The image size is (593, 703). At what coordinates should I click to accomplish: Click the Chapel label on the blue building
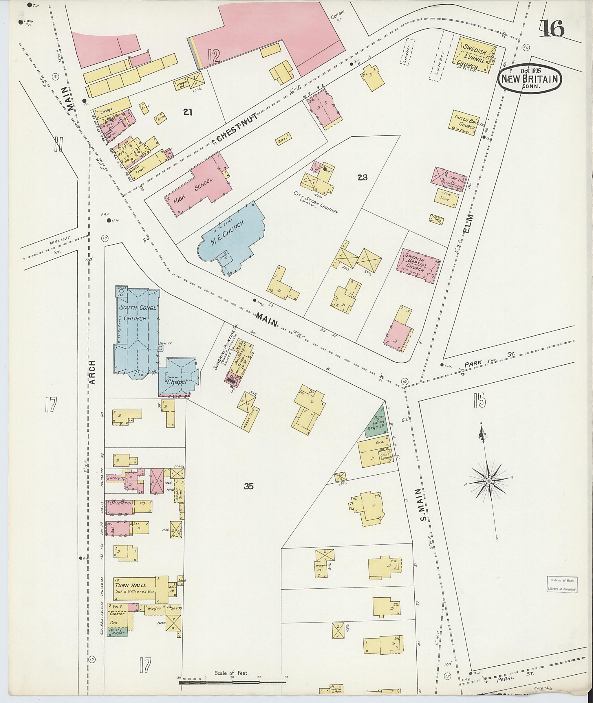pos(176,382)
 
